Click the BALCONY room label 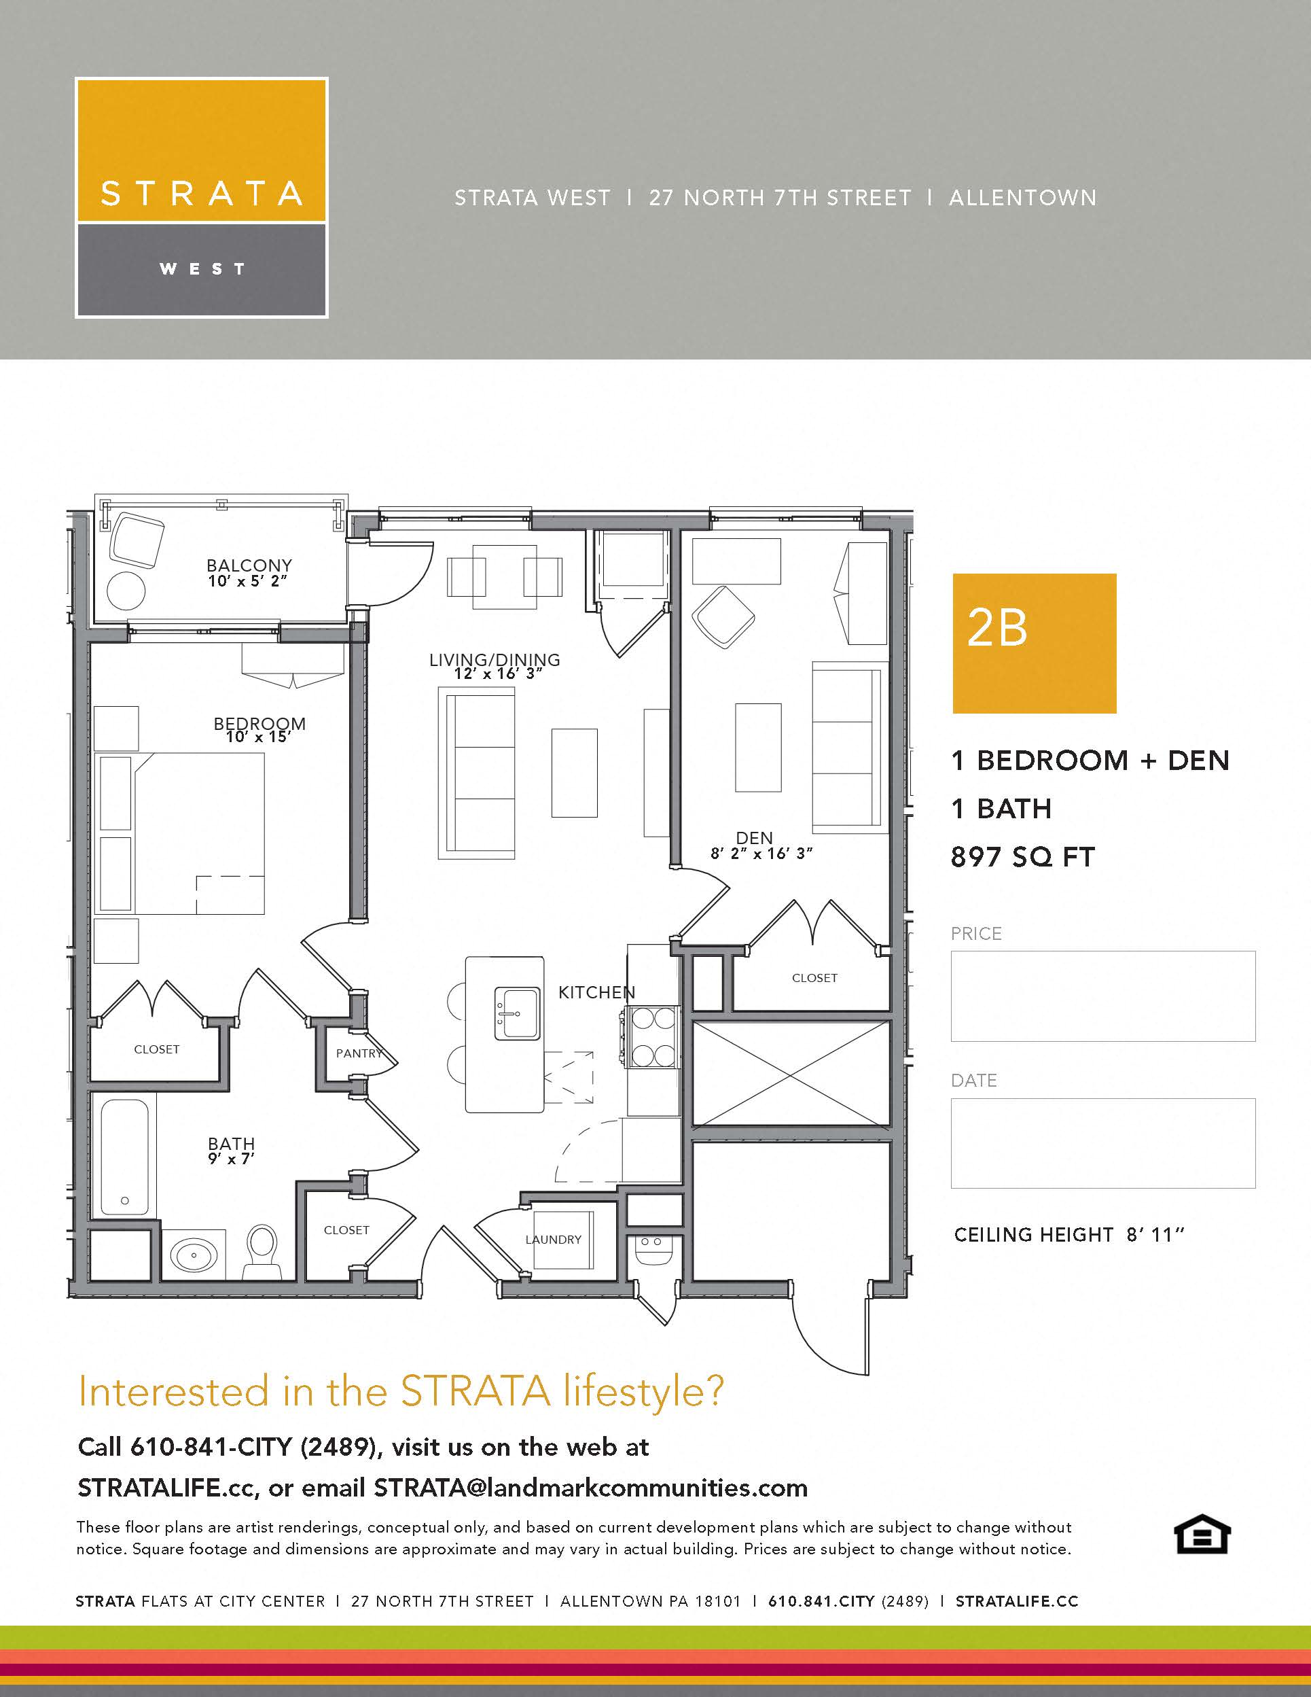click(249, 565)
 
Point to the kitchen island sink click(516, 1013)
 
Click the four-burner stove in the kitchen click(651, 1036)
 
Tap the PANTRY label click(359, 1053)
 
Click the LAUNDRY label click(553, 1240)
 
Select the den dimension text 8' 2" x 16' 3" click(760, 853)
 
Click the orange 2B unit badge click(1034, 644)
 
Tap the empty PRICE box click(1102, 996)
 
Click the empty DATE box click(1102, 1142)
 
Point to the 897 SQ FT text click(1022, 857)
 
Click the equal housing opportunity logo click(1201, 1534)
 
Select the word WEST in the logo click(202, 269)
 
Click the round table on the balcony click(126, 591)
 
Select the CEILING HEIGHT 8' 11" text click(1068, 1235)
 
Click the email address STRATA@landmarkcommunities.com click(590, 1487)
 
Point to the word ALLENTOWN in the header click(1022, 198)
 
